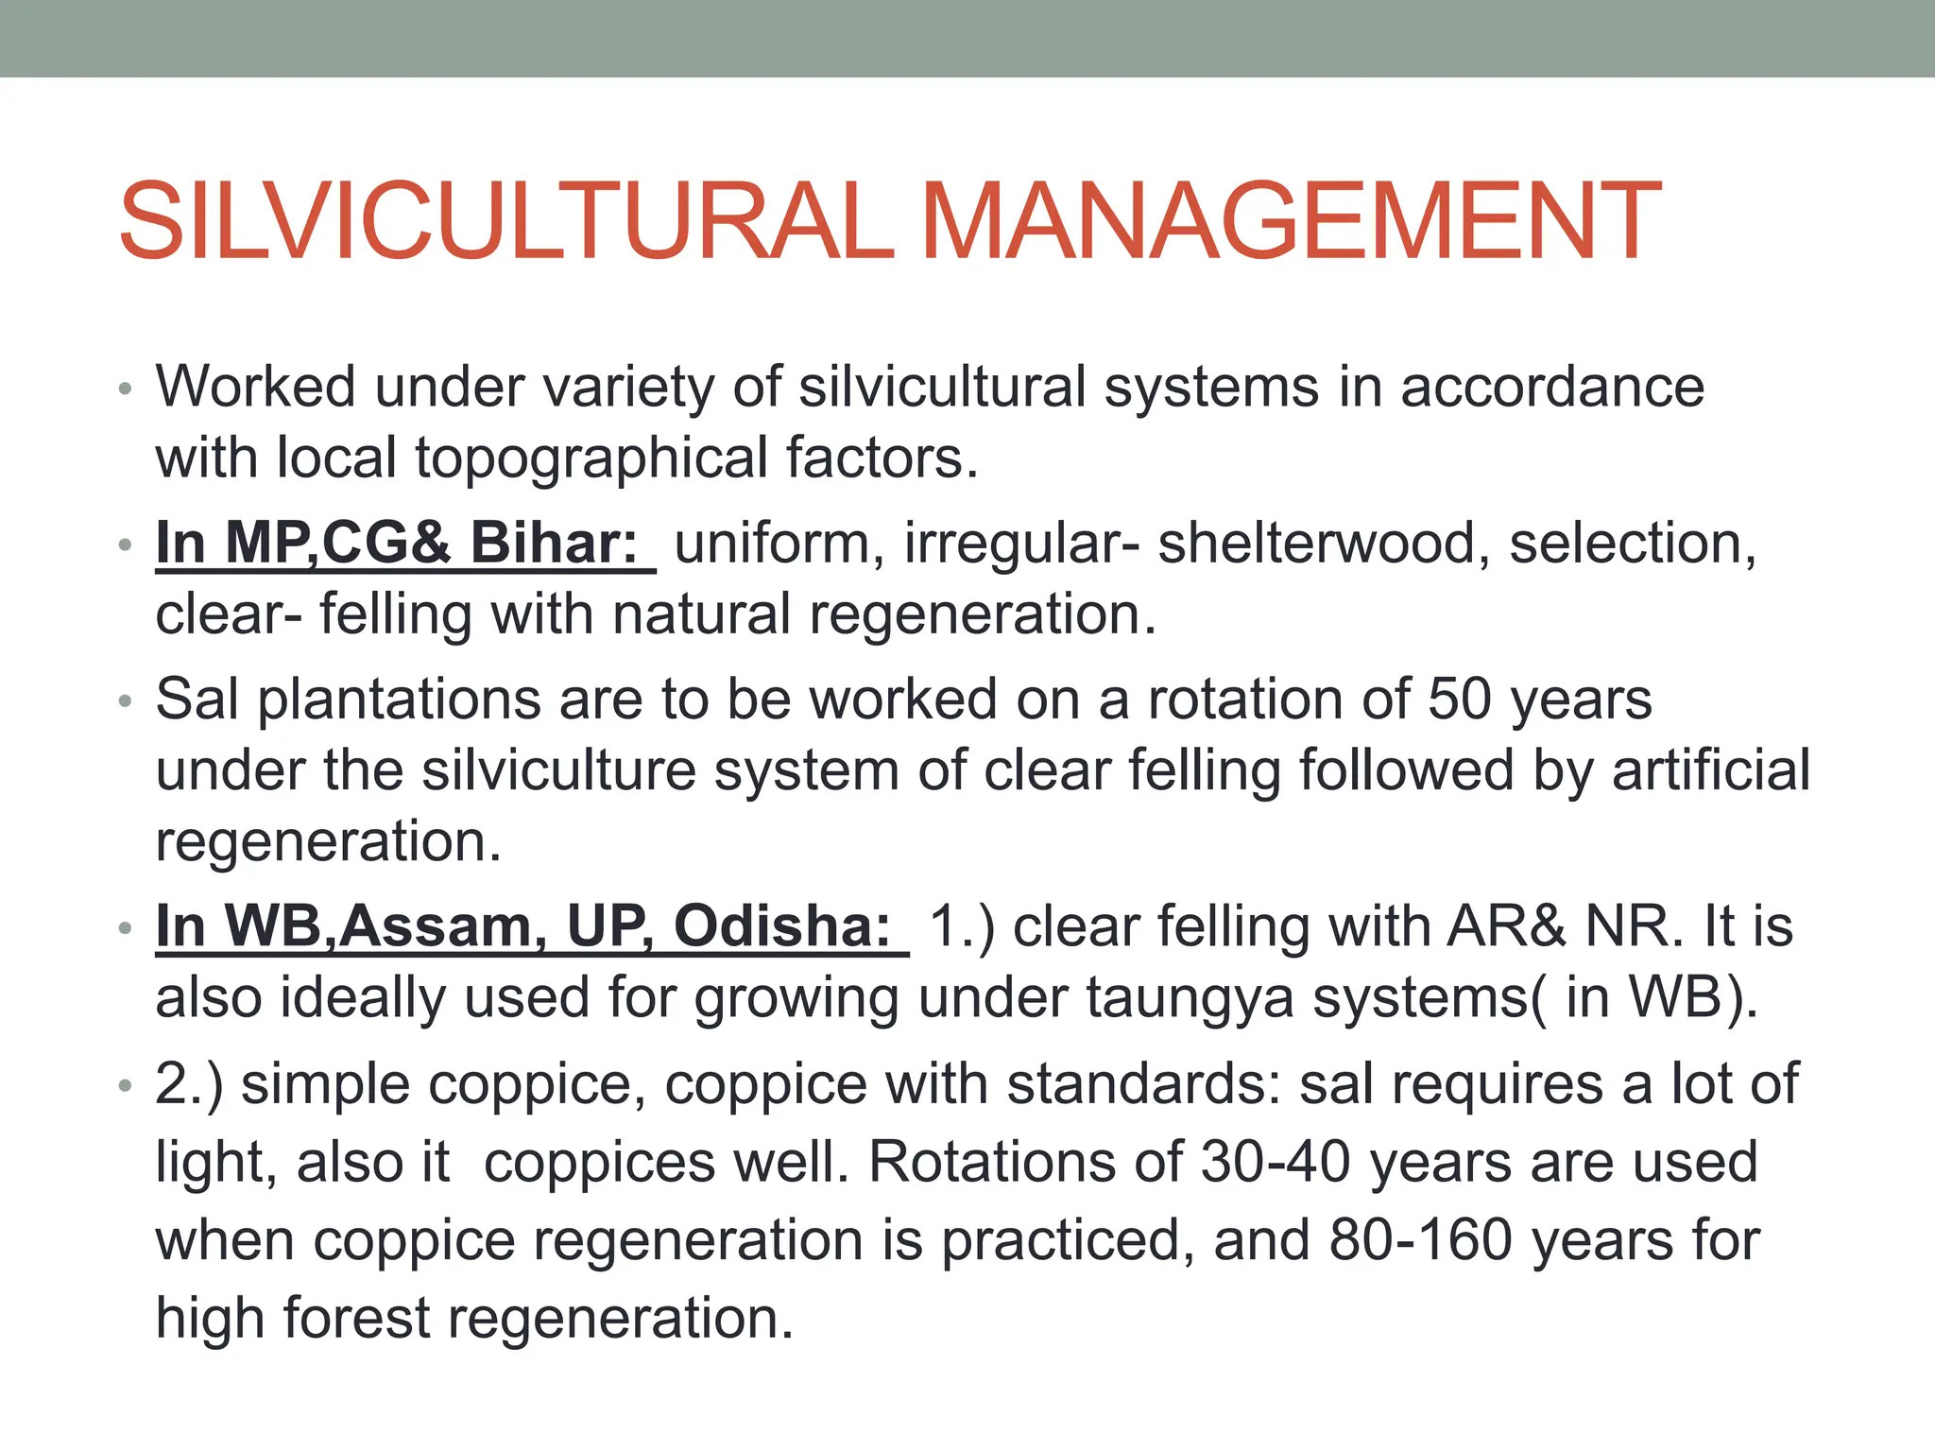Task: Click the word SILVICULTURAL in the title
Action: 505,221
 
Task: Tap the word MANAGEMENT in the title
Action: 1290,221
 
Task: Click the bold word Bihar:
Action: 555,544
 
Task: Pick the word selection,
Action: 1633,544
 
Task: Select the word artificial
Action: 1711,769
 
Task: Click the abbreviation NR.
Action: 1634,926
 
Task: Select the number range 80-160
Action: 1421,1240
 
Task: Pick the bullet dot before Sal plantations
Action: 125,702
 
